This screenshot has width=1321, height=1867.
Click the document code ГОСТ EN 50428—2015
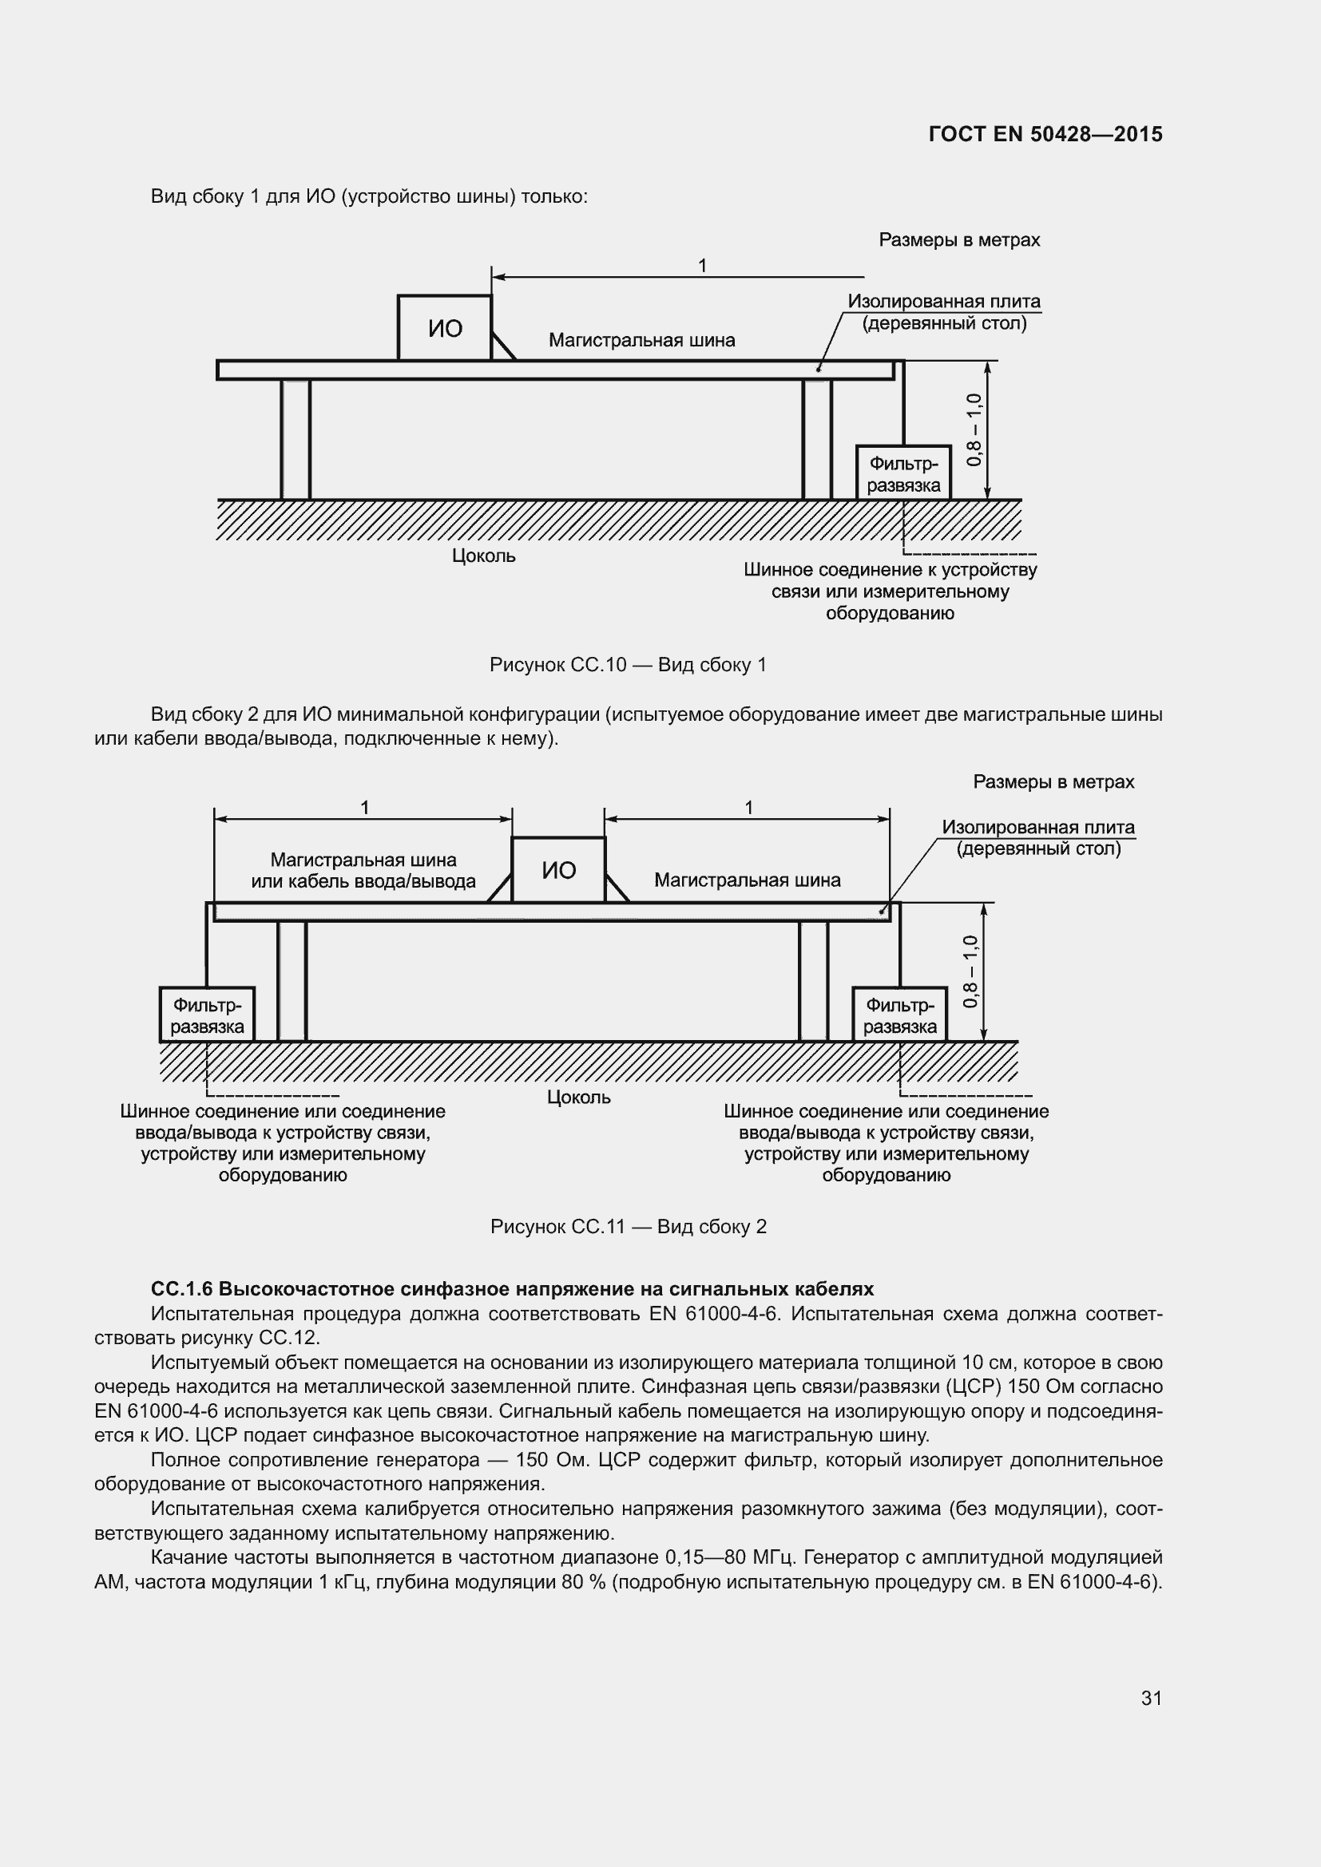point(1045,134)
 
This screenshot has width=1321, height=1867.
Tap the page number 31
point(1151,1697)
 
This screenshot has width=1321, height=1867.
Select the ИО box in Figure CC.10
point(445,328)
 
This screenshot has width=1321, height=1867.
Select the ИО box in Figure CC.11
point(559,870)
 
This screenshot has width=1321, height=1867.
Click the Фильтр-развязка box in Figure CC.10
point(903,474)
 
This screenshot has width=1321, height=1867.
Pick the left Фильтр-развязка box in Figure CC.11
point(208,1015)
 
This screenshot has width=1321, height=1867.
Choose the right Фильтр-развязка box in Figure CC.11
point(899,1015)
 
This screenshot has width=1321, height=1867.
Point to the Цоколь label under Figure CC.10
point(484,556)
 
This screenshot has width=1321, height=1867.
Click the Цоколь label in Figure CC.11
point(578,1097)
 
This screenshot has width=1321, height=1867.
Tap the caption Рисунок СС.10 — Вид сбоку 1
point(628,664)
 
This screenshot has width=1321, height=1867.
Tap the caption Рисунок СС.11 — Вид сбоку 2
point(628,1226)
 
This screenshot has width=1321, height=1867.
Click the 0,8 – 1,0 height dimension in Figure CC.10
point(974,429)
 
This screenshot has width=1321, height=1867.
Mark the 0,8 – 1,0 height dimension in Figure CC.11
point(970,971)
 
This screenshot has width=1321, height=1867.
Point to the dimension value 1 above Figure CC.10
point(702,266)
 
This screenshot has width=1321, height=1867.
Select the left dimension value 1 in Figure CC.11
point(365,808)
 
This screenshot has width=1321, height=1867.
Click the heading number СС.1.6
point(181,1289)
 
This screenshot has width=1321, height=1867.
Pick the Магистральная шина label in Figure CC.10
point(642,340)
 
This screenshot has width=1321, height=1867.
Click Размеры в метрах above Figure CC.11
point(1053,781)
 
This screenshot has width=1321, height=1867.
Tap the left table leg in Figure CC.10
point(296,439)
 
